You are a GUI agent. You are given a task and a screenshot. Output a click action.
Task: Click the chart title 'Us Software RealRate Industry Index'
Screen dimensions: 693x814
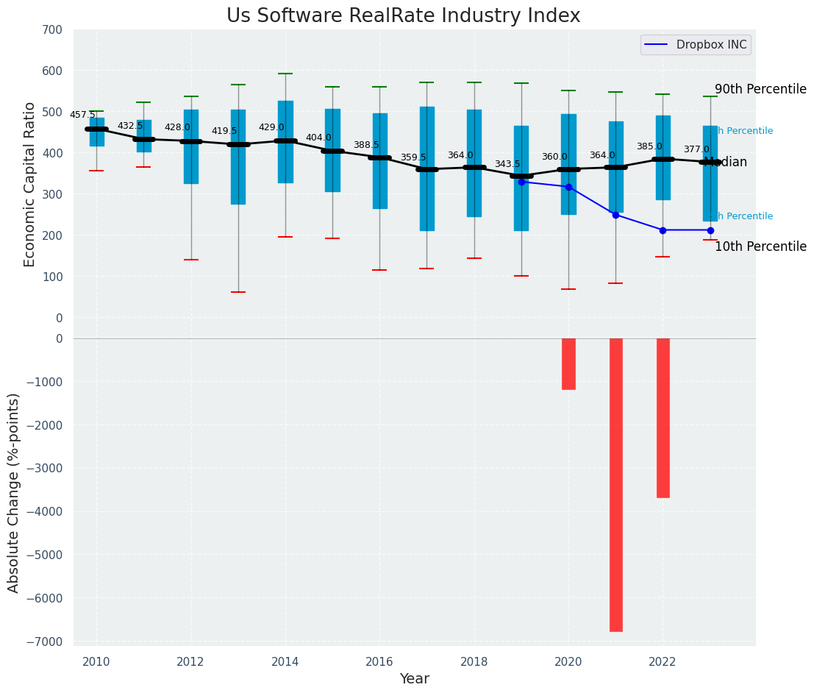click(x=403, y=16)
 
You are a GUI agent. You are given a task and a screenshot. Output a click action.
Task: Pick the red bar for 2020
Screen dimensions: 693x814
click(x=568, y=363)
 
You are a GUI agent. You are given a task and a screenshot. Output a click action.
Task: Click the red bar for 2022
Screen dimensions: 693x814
click(x=663, y=418)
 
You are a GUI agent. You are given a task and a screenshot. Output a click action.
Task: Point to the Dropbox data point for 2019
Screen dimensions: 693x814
click(x=521, y=182)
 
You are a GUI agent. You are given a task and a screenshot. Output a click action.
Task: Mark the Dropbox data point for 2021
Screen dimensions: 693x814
click(x=615, y=215)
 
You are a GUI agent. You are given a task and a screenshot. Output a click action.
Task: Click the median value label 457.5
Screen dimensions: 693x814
click(x=82, y=115)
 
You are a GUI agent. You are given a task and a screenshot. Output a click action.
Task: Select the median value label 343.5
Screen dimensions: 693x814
click(x=507, y=164)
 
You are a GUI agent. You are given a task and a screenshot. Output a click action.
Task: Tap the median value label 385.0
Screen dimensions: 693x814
click(x=649, y=146)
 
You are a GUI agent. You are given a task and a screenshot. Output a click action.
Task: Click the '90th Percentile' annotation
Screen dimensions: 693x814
click(x=760, y=89)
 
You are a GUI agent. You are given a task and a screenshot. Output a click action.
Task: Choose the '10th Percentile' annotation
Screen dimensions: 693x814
click(x=760, y=247)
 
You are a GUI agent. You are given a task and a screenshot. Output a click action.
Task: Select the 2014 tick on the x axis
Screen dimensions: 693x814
click(x=285, y=662)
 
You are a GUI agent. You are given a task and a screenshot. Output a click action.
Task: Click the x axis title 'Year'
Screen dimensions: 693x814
click(x=414, y=679)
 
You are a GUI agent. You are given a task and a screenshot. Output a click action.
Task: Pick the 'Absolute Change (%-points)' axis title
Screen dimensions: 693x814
click(x=14, y=492)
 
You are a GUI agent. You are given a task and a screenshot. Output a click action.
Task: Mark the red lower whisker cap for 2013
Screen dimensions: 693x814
click(x=238, y=292)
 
